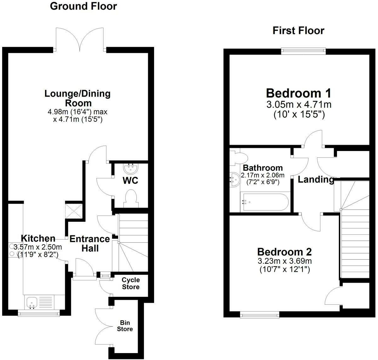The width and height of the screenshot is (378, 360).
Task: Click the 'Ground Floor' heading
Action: [x=83, y=6]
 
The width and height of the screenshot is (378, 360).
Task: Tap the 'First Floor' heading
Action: [x=298, y=31]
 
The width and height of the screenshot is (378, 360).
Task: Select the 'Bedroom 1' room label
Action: [x=298, y=93]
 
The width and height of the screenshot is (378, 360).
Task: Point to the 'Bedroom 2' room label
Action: [x=284, y=252]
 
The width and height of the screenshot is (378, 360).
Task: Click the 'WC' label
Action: [x=130, y=181]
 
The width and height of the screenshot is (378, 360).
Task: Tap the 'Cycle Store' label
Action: [x=131, y=283]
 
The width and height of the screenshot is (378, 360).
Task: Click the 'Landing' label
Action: [x=316, y=179]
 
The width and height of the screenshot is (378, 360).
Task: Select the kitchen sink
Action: [x=32, y=302]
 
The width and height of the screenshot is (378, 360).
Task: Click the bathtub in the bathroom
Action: [x=264, y=202]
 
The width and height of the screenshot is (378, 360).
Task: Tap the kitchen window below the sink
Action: [x=38, y=313]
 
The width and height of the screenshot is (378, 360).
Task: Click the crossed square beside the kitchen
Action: [x=74, y=210]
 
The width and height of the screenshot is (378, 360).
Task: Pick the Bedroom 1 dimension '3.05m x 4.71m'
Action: [x=299, y=104]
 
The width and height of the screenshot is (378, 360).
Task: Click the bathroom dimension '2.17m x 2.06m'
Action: [x=263, y=175]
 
